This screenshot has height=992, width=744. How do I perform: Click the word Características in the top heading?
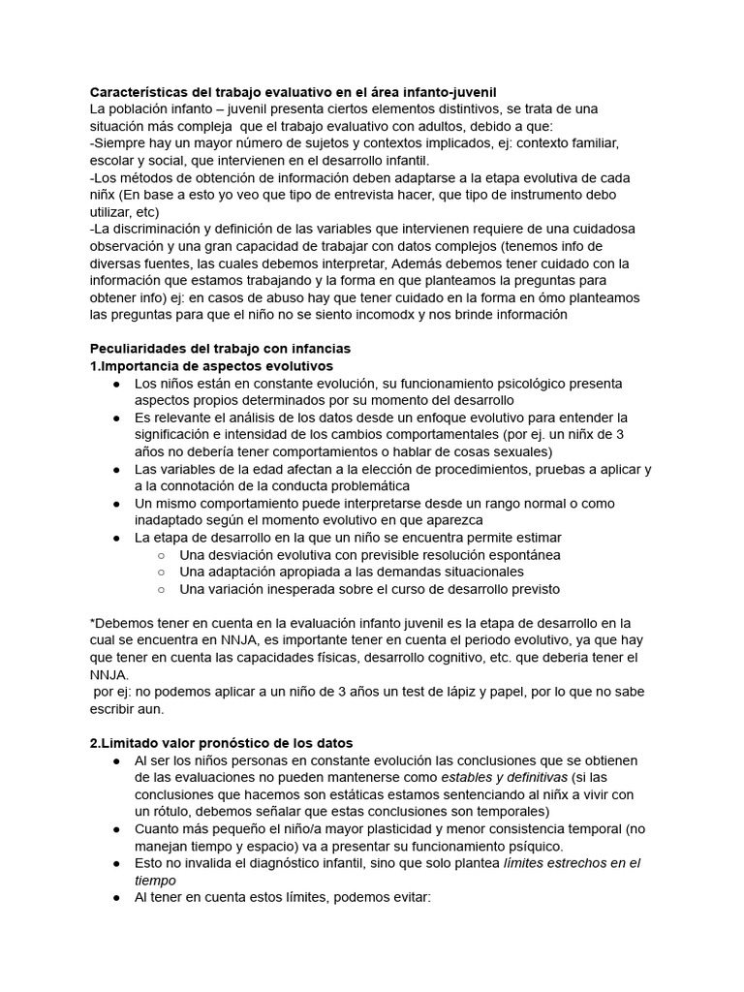tap(143, 90)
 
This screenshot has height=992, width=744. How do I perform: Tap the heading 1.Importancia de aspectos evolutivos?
tap(211, 365)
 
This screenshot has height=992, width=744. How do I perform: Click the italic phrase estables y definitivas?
tap(492, 778)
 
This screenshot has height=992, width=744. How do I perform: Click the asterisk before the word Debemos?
tap(92, 623)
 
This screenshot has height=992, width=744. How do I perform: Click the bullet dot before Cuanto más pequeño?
tap(115, 829)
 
